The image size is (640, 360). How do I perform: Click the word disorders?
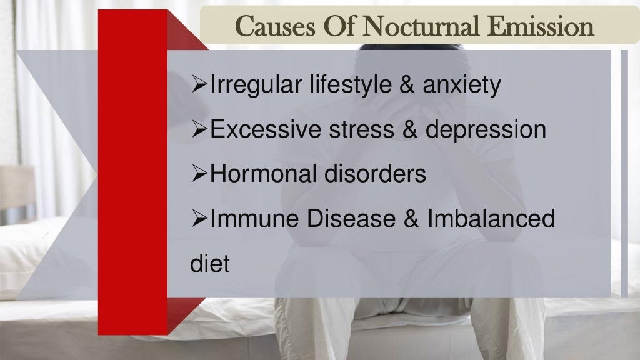[375, 174]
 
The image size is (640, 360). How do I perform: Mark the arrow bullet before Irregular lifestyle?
[199, 86]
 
